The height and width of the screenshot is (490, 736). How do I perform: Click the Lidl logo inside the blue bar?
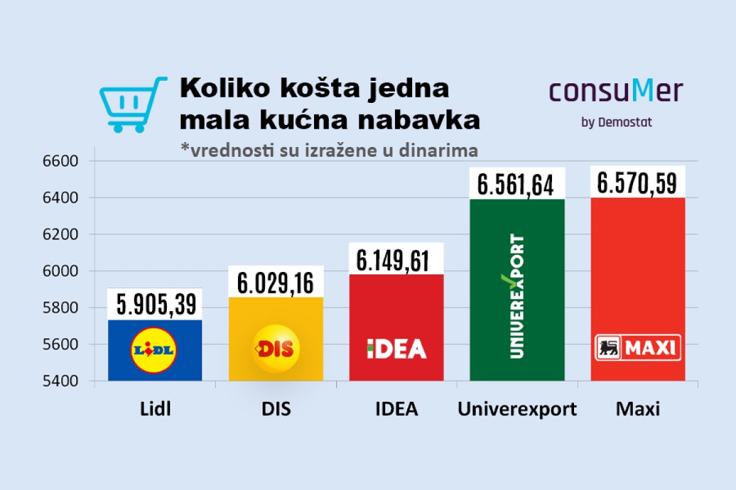coord(154,350)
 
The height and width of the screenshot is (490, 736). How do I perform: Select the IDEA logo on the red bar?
coord(396,349)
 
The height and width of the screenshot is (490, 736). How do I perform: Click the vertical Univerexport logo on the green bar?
coord(517,296)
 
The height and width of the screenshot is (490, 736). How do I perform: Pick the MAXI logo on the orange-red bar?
coord(638,347)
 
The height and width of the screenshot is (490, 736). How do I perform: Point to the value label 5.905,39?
coord(155,305)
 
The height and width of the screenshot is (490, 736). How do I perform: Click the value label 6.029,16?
coord(275,283)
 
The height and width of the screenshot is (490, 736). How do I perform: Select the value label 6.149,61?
coord(396,260)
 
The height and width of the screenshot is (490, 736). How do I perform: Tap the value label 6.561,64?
coord(516,184)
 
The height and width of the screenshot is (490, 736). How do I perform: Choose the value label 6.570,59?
coord(638,183)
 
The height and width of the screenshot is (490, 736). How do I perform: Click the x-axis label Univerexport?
coord(517,409)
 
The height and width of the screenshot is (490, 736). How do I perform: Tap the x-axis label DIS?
coord(275,409)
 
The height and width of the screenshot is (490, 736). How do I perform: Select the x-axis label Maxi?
coord(638,409)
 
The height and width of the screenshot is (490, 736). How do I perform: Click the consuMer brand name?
coord(616,91)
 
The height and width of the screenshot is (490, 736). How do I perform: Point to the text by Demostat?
coord(616,122)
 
